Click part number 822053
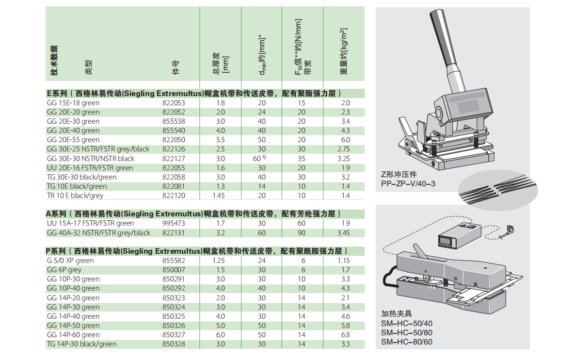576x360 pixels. click(x=174, y=103)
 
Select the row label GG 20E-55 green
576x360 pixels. click(x=73, y=140)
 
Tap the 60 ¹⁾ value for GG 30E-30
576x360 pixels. click(x=259, y=159)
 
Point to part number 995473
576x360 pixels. click(x=174, y=223)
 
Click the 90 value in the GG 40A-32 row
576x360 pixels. click(x=302, y=233)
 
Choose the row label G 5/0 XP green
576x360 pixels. click(x=70, y=261)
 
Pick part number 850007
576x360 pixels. click(x=174, y=270)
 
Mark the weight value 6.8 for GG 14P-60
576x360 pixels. click(x=346, y=335)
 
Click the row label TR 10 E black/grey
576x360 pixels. click(x=75, y=196)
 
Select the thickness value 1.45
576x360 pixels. click(x=219, y=196)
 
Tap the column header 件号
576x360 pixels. click(x=176, y=67)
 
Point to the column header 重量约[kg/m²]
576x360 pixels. click(x=344, y=51)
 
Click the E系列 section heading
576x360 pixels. click(x=193, y=94)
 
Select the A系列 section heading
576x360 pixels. click(x=193, y=213)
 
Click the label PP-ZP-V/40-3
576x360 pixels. click(x=408, y=183)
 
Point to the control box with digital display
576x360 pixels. click(x=459, y=236)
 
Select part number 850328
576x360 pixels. click(x=174, y=344)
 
